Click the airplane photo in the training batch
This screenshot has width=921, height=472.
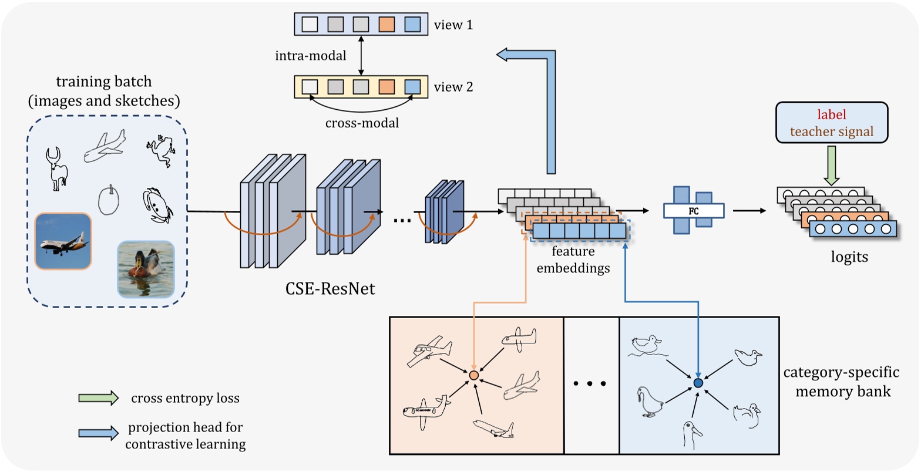coord(63,241)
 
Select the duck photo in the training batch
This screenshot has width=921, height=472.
coord(146,269)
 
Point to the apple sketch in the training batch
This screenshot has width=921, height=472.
coord(108,200)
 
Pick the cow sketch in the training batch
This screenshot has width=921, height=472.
coord(57,169)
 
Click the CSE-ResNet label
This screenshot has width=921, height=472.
coord(327,289)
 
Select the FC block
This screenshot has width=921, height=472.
coord(693,210)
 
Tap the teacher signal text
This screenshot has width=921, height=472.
coord(832,132)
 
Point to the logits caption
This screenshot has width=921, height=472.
coord(850,257)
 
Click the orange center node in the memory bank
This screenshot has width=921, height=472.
coord(474,375)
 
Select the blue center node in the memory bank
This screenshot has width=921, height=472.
coord(698,383)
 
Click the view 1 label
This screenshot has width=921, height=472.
coord(453,25)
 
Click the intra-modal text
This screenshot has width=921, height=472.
coord(310,57)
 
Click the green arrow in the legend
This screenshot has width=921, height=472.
coord(98,399)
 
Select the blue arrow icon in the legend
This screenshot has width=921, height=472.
coord(98,434)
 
